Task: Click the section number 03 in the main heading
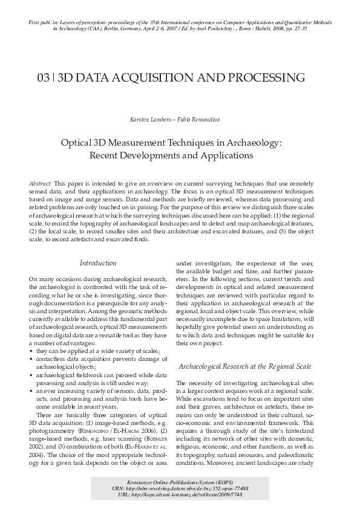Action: point(44,78)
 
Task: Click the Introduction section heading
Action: point(99,263)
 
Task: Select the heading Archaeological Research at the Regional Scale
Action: point(244,367)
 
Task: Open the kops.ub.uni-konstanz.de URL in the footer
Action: point(180,495)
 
